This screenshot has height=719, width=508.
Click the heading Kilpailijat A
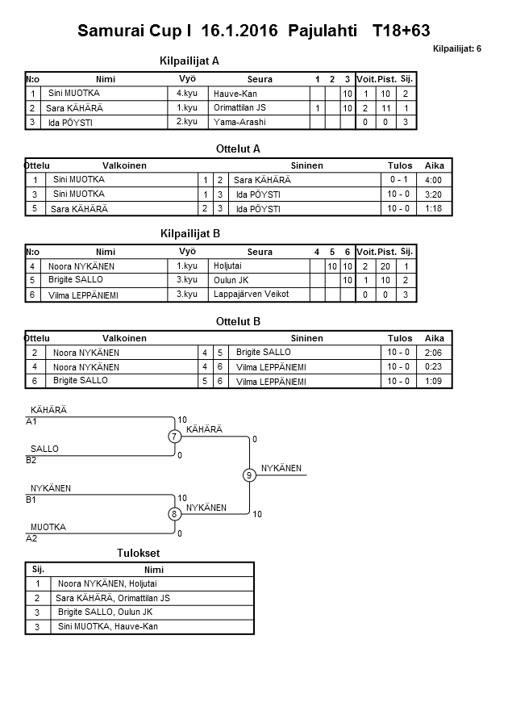(190, 61)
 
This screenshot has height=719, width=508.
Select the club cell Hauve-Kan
(235, 94)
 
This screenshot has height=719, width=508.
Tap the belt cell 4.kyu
(187, 94)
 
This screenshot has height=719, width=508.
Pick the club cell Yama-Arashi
(239, 122)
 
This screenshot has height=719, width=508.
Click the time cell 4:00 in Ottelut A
(432, 180)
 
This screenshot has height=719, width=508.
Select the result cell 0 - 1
(398, 180)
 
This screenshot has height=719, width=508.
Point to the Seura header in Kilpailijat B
(260, 252)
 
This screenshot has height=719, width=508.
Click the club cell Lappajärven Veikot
(251, 295)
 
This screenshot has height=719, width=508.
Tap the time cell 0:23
(434, 366)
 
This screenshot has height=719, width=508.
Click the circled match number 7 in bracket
(173, 437)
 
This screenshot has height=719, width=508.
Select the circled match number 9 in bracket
(249, 475)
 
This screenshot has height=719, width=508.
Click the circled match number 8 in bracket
(173, 514)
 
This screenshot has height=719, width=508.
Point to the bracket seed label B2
(31, 460)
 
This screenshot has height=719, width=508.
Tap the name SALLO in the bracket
(44, 449)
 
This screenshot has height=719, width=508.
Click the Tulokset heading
(139, 554)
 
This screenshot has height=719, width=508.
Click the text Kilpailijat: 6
(456, 49)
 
